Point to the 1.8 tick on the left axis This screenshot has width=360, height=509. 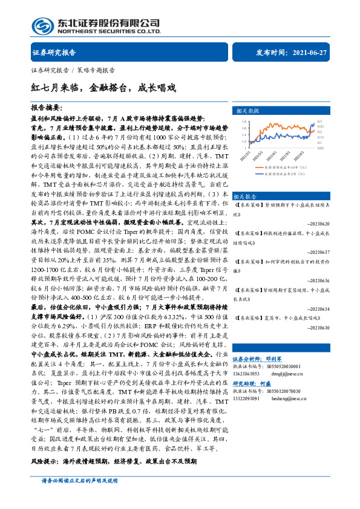coord(244,121)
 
